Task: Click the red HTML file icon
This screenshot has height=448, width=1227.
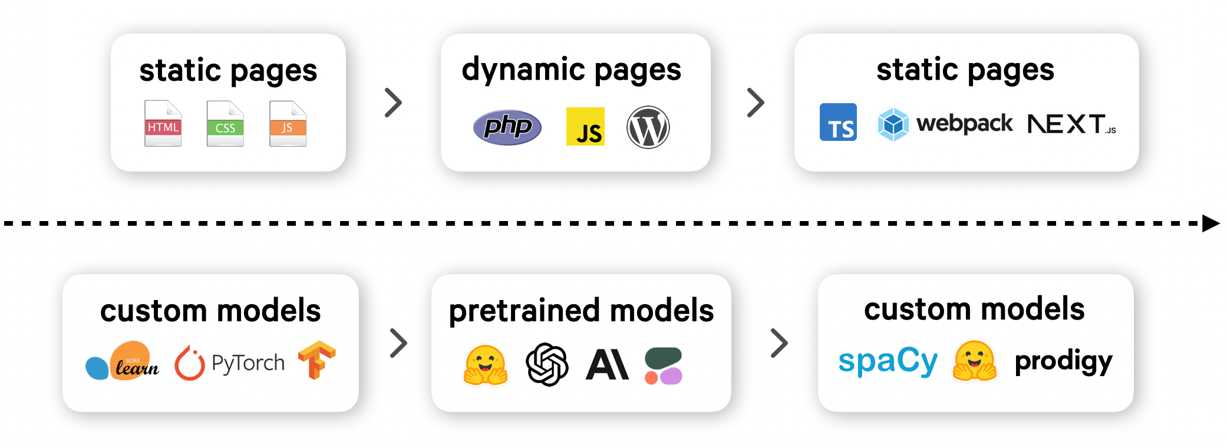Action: coord(163,123)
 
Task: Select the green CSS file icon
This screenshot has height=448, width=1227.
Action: coord(225,123)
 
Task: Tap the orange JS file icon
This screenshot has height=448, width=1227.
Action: coord(288,123)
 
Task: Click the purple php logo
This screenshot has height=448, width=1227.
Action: coord(507,127)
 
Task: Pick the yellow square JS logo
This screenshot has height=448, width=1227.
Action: coord(585,126)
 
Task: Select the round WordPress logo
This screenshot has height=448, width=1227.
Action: coord(648,127)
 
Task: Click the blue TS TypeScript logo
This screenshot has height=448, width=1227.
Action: coord(838,122)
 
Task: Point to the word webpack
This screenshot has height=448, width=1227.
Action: coord(964,123)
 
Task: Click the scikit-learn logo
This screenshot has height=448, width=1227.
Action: coord(122,361)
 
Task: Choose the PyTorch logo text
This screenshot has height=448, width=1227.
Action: coord(248,363)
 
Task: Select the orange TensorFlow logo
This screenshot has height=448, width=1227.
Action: coord(316,360)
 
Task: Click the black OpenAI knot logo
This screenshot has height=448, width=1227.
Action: coord(547,364)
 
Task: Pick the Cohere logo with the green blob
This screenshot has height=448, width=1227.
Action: coord(664,365)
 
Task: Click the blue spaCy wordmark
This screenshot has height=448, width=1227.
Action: coord(888,361)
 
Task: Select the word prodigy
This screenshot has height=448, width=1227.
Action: coord(1063,361)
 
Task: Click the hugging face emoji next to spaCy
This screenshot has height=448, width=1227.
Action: coord(975,361)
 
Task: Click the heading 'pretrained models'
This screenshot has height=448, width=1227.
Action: coord(581,311)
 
